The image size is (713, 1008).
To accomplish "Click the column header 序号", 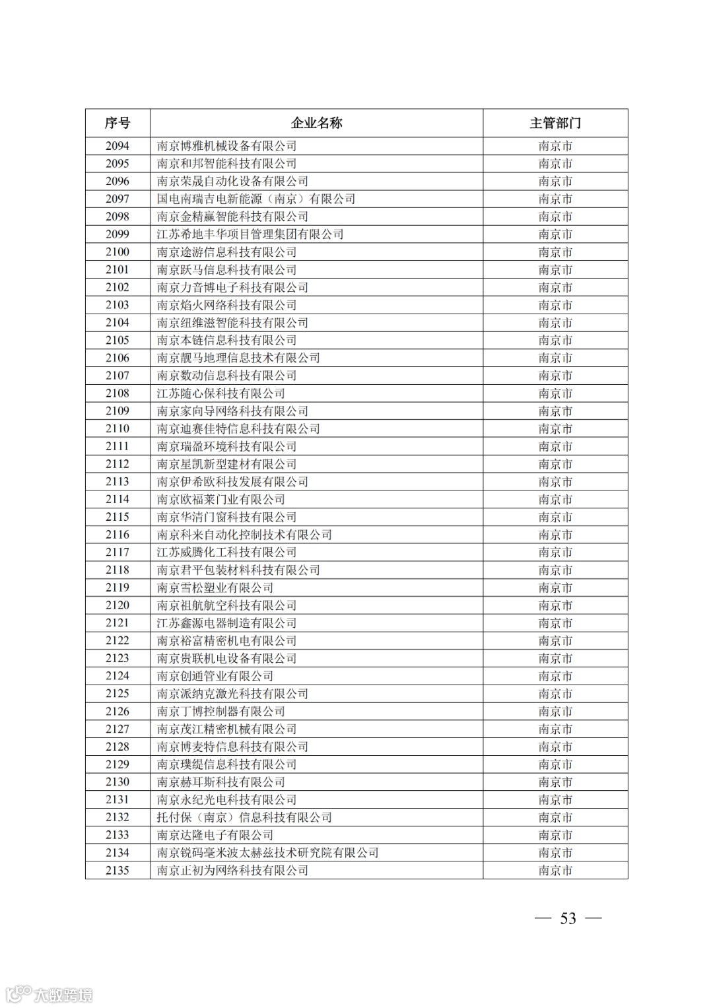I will [x=118, y=123].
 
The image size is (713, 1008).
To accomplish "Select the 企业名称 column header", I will [x=316, y=123].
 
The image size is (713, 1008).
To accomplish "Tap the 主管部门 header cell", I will [x=555, y=123].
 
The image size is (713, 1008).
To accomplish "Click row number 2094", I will [x=118, y=146].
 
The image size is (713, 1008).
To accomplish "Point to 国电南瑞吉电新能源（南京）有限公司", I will [x=256, y=199].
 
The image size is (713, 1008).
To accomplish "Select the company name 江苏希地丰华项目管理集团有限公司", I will [x=250, y=234].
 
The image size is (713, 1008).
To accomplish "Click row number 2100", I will [x=118, y=252].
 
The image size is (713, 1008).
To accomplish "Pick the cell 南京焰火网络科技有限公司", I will [x=226, y=305].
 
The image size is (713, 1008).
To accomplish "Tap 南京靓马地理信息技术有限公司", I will [x=238, y=358].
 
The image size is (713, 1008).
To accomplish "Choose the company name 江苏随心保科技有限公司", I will [x=221, y=393].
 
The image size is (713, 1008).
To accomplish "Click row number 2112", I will [x=118, y=464].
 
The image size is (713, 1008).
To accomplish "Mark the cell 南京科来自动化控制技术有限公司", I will [x=244, y=535].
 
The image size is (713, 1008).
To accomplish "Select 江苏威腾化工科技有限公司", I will [x=226, y=553].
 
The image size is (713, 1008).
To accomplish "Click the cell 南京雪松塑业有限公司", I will [x=215, y=588].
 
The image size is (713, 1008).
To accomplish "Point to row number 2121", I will [x=118, y=623].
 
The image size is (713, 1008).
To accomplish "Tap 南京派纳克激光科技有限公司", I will [x=232, y=694].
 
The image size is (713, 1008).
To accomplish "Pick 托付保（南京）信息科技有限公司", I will [x=244, y=817].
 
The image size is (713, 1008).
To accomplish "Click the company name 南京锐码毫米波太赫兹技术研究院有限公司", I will [x=267, y=853].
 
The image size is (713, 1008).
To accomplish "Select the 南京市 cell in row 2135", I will [x=555, y=870].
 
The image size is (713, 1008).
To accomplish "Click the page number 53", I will [x=568, y=918].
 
